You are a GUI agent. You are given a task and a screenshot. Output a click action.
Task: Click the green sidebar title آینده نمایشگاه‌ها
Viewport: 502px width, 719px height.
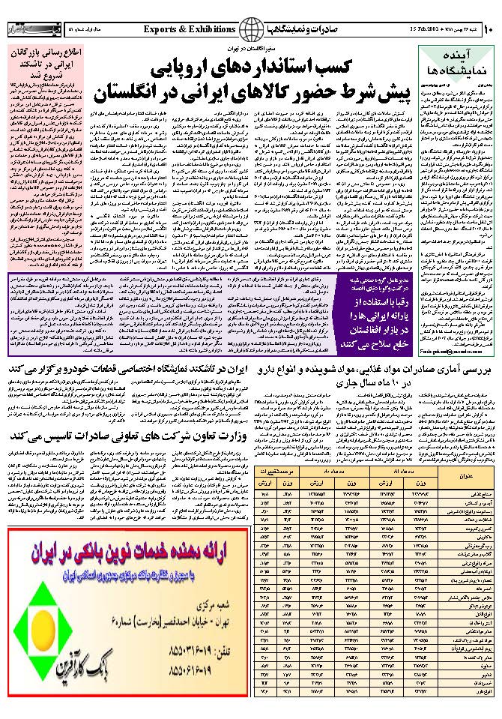coord(456,63)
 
